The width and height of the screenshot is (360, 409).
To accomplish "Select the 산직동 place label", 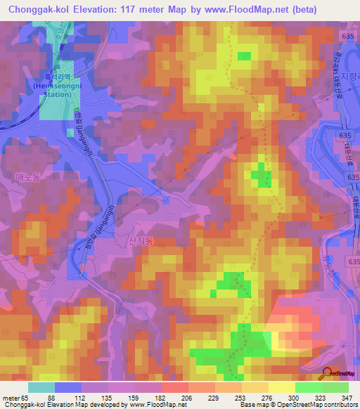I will point(141,240).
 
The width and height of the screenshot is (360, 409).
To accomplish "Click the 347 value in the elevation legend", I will point(347,398).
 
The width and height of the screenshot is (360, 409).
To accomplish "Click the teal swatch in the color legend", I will point(41,387).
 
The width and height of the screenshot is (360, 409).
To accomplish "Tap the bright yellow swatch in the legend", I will point(281,387).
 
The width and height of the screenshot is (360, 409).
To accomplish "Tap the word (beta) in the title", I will point(307,9).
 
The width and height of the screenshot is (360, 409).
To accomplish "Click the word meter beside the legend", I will point(10,398).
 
